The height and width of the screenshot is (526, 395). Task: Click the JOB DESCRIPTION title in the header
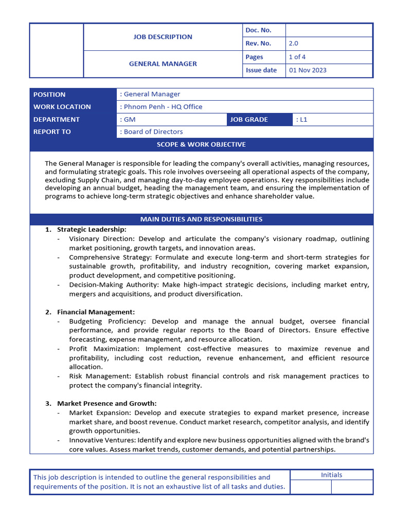(x=163, y=37)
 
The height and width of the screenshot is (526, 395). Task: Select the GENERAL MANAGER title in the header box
(x=163, y=64)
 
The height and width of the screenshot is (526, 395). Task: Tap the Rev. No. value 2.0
(x=294, y=44)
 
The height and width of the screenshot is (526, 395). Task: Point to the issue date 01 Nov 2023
(x=308, y=70)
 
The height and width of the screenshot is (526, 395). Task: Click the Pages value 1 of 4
(x=297, y=57)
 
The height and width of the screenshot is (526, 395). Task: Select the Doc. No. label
(x=258, y=30)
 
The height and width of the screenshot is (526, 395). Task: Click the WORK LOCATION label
(x=62, y=107)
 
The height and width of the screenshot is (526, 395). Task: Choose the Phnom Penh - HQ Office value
(x=161, y=107)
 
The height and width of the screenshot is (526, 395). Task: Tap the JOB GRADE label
(x=249, y=119)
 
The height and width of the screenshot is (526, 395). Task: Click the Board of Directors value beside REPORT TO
(x=152, y=131)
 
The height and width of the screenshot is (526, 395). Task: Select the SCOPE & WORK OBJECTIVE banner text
(x=201, y=144)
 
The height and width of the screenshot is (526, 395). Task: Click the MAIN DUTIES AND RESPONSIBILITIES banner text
(x=201, y=219)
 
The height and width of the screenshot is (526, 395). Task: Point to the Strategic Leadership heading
(x=92, y=230)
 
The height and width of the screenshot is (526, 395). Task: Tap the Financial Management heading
(x=96, y=312)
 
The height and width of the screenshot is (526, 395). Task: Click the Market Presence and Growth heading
(x=106, y=403)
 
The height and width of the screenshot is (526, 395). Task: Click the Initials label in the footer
(x=331, y=475)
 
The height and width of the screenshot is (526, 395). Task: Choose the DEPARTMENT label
(x=57, y=119)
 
